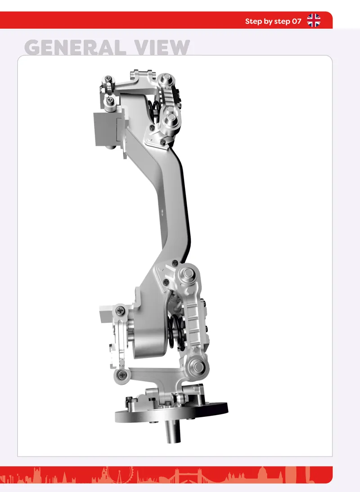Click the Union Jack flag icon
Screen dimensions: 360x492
pyautogui.click(x=314, y=20)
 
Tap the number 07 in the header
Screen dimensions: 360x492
pyautogui.click(x=297, y=21)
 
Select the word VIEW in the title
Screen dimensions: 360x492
pyautogui.click(x=162, y=47)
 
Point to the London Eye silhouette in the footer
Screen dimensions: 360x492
pyautogui.click(x=120, y=474)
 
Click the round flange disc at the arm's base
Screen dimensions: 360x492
pyautogui.click(x=171, y=412)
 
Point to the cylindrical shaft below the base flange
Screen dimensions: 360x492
pyautogui.click(x=172, y=431)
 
